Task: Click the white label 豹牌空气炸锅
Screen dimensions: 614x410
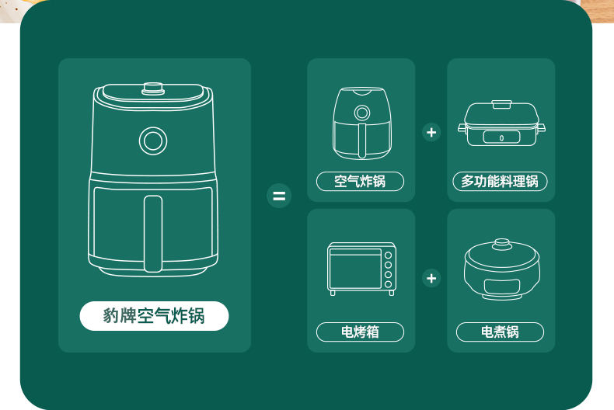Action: [154, 316]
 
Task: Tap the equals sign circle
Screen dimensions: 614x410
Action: [279, 195]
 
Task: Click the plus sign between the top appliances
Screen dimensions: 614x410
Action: [431, 132]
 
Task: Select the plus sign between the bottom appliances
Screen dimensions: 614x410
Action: [431, 278]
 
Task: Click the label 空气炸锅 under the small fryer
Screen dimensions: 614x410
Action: [360, 181]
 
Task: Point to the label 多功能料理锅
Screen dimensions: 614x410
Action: [500, 181]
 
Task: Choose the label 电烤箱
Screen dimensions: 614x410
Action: [360, 332]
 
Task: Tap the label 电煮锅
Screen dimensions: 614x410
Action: [500, 332]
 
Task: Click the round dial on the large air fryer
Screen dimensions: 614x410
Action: [153, 141]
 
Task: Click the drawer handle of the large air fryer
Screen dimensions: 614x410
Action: [152, 234]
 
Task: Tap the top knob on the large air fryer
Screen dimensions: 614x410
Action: [153, 89]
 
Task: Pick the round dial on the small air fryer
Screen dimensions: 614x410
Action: [362, 113]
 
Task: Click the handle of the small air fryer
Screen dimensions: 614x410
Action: [362, 141]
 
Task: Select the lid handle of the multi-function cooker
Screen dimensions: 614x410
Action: [501, 104]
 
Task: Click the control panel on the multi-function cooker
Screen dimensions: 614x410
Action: [501, 137]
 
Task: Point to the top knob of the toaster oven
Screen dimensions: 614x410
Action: [388, 255]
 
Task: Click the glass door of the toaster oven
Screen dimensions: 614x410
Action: [355, 269]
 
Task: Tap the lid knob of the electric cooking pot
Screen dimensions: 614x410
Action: [501, 244]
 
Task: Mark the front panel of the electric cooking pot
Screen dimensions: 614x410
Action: [501, 287]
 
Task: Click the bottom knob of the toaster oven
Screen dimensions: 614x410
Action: [388, 284]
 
